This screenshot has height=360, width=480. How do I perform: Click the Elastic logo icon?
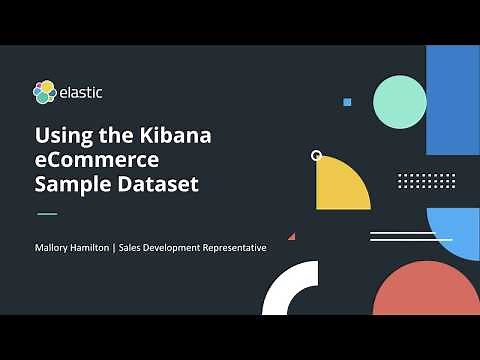45,93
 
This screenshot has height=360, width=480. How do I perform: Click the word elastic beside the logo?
80,93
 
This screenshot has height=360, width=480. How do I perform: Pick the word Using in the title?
59,134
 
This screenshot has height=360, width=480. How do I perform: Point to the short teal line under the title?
47,214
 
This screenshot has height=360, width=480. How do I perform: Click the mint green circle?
400,102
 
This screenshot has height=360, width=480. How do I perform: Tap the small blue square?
347,102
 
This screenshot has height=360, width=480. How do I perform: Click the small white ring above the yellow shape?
317,156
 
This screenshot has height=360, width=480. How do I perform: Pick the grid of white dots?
426,181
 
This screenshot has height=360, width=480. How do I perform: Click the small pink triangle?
292,237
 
